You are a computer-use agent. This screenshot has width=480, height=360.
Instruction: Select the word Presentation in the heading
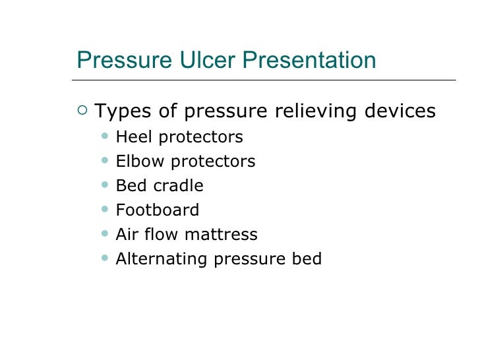pos(309,61)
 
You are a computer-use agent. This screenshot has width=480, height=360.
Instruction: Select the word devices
pos(400,111)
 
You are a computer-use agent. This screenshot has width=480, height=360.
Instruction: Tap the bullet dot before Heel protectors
pos(106,136)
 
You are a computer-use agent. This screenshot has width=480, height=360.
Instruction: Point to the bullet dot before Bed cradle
pos(106,185)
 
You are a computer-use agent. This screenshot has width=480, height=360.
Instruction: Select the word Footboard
pos(157,210)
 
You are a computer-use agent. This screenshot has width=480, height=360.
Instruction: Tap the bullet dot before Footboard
pos(106,210)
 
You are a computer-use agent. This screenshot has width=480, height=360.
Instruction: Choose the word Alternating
pos(162,259)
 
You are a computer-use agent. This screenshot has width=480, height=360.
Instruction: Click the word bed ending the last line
pos(307,259)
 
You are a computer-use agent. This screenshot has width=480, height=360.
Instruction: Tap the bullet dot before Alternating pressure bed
pos(106,258)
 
